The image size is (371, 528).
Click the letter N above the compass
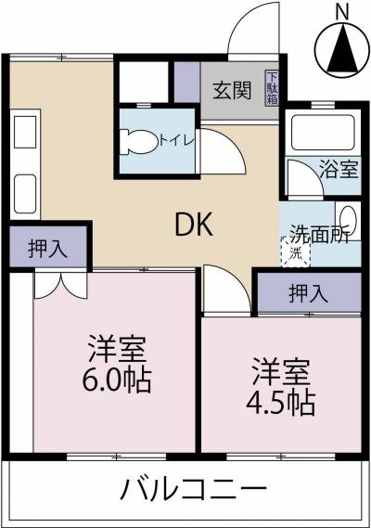click(x=343, y=13)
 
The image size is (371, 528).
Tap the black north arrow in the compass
click(x=343, y=49)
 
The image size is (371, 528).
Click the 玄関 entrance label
click(x=232, y=90)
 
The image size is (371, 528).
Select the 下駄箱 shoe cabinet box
click(x=272, y=87)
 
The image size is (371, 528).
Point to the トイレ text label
click(x=176, y=140)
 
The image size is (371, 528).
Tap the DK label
click(x=194, y=225)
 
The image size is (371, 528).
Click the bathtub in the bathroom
click(x=323, y=133)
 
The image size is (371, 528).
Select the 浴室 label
click(x=339, y=169)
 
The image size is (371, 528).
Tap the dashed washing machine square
click(x=295, y=251)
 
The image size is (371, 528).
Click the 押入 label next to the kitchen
click(x=48, y=250)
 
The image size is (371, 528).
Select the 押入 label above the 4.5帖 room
click(x=308, y=293)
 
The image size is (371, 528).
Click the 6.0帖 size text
click(x=117, y=380)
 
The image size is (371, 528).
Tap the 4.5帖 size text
click(x=281, y=403)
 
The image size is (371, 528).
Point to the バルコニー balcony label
click(x=194, y=489)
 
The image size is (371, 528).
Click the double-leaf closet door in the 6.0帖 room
click(x=60, y=285)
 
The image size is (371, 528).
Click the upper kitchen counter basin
click(x=25, y=132)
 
